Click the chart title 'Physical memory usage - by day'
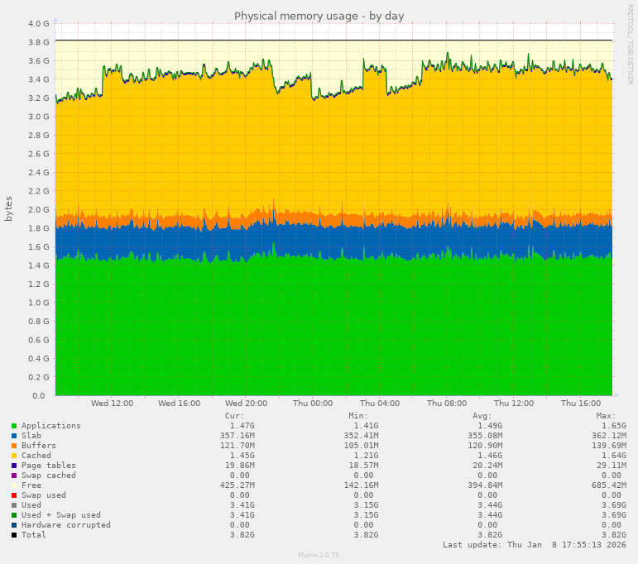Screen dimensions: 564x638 point(319,16)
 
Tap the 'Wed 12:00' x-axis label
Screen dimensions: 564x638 point(112,404)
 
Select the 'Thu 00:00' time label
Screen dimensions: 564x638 point(313,404)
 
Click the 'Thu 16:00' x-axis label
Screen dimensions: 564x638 point(580,404)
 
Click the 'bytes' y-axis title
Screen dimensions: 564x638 point(9,208)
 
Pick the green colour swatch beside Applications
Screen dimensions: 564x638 point(14,426)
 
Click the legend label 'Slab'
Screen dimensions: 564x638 point(31,436)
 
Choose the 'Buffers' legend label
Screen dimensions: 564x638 point(39,446)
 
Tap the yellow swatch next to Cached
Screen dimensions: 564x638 point(14,456)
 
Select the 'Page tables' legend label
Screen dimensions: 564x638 point(49,466)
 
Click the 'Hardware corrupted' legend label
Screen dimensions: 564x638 point(65,525)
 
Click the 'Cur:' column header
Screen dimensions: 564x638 point(234,416)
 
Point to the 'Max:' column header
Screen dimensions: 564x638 point(606,416)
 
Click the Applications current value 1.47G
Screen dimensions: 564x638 point(242,426)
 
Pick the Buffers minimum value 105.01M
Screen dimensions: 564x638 point(362,446)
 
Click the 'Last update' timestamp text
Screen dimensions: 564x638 point(534,545)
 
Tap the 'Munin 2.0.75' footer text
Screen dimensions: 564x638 point(319,556)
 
